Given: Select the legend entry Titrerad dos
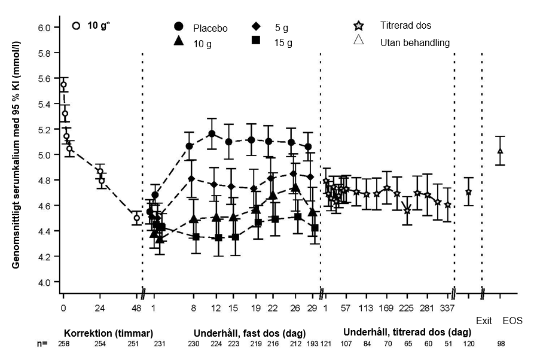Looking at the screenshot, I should [405, 26].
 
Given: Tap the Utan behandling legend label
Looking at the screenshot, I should [414, 42].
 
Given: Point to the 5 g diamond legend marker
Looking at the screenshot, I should [256, 26].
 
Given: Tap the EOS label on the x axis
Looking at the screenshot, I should [513, 321].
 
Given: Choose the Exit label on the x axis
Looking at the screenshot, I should [484, 321].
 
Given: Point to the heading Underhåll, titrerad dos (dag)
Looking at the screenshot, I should [407, 332].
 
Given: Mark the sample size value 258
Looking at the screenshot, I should [63, 345].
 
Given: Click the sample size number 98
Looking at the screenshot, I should [501, 345].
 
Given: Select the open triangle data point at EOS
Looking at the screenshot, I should [501, 151].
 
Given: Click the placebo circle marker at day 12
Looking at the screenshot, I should [211, 134].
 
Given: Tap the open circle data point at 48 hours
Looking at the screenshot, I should [137, 218].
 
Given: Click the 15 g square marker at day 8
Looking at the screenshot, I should [196, 237].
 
